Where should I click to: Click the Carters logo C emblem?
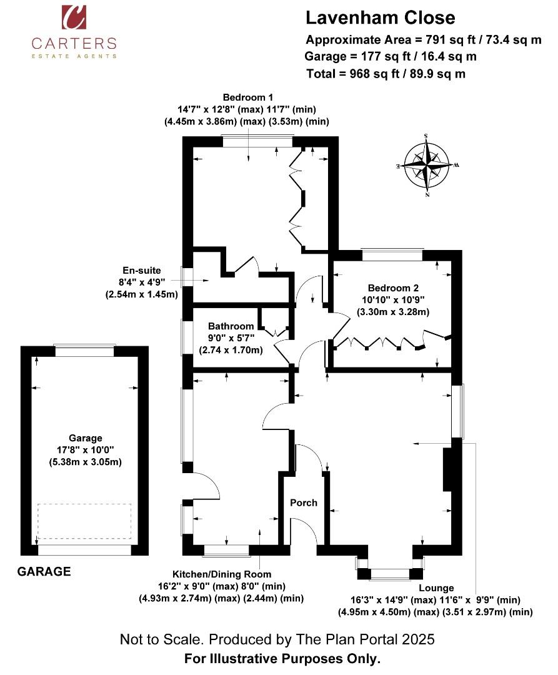coord(74,17)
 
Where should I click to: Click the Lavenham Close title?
coord(381,17)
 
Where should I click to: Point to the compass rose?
coord(427,165)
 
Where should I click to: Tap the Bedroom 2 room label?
coord(393,288)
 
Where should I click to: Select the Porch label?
coord(303,502)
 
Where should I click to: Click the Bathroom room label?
coord(231,326)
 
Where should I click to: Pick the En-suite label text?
coord(142,271)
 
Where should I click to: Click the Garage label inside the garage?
coord(85,438)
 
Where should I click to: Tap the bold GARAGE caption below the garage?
coord(44,572)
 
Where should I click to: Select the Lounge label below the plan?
coord(436,588)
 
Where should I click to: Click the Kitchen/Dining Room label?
coord(222,574)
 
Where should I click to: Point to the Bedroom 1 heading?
coord(247,97)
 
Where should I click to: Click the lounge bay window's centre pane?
coord(390,573)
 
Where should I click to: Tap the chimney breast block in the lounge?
coord(448,469)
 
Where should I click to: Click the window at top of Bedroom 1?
coord(257,142)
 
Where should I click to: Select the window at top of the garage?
coord(85,351)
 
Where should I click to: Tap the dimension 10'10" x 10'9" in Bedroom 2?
coord(393,300)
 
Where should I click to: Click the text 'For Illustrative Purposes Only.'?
coord(282,659)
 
